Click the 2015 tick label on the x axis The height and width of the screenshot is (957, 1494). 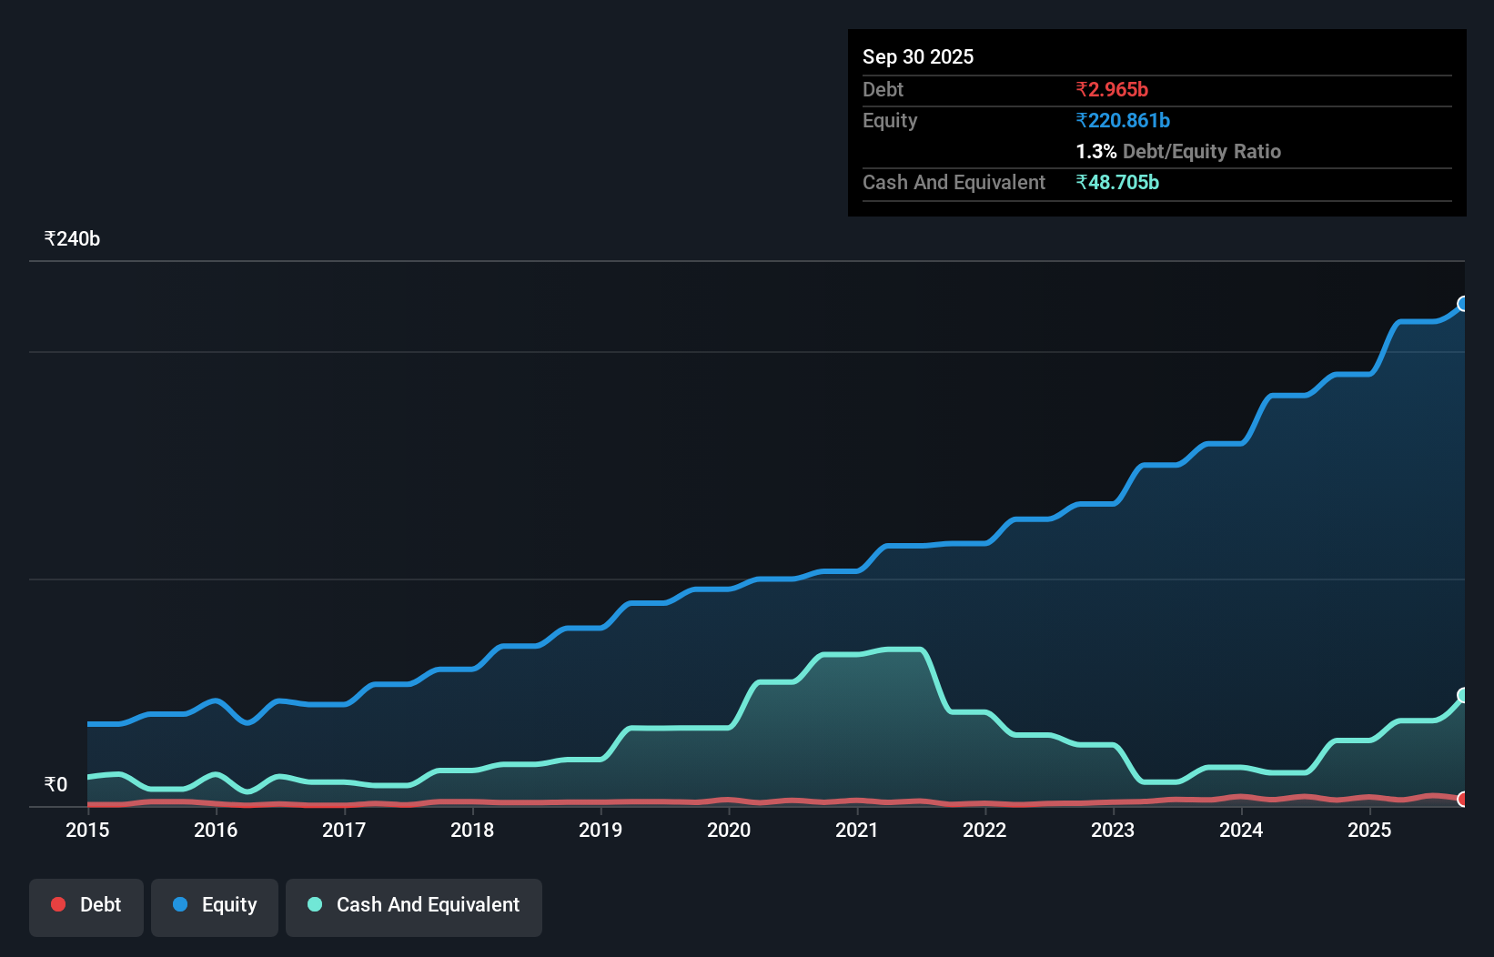87,830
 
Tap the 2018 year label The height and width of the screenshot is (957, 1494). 472,830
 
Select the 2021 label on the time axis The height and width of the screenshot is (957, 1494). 857,830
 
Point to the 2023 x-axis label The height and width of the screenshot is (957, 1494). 1113,830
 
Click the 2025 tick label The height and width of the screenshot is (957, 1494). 1369,830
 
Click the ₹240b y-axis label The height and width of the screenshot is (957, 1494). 72,239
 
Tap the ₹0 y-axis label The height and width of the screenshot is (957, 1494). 56,784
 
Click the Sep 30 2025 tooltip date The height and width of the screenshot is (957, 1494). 917,56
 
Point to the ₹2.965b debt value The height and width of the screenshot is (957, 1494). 1111,89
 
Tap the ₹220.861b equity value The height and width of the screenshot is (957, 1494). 1122,120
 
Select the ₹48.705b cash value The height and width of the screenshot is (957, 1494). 1116,182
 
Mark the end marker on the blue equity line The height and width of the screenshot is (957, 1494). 1463,304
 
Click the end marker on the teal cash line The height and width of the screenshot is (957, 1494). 1463,695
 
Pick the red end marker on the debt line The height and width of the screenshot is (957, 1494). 1463,799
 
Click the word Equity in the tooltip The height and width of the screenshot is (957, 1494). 889,120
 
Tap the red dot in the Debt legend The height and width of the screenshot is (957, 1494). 58,904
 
